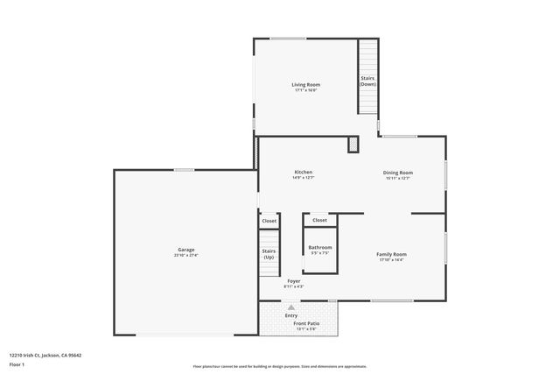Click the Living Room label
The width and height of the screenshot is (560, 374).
(304, 84)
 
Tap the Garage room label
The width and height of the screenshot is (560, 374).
(186, 250)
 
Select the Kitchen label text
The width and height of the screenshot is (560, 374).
(304, 172)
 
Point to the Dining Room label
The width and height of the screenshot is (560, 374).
(397, 173)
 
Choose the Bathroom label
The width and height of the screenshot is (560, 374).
(319, 248)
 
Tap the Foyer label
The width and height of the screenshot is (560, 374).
(293, 281)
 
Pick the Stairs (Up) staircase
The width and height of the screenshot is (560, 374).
(269, 254)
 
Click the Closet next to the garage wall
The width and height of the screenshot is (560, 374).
(269, 222)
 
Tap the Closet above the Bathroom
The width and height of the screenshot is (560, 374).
(319, 220)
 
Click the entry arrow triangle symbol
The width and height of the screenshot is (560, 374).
(291, 307)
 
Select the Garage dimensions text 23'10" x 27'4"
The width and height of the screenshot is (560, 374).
(186, 255)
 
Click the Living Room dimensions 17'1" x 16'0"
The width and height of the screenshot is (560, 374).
(304, 89)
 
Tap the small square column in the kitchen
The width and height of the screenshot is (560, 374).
(353, 144)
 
